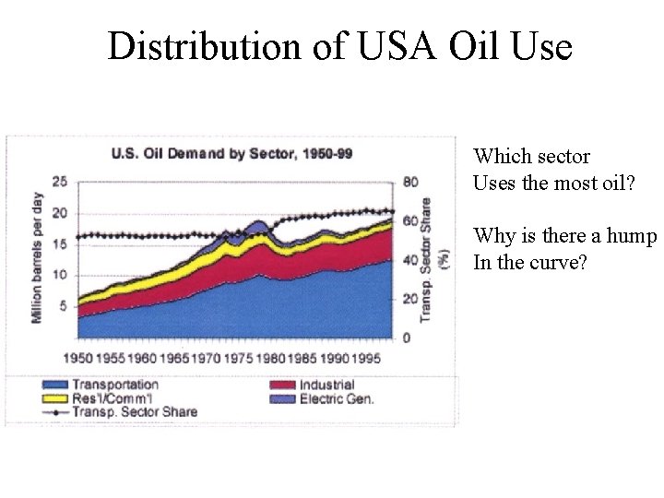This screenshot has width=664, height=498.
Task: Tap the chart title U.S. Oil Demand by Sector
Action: tap(231, 154)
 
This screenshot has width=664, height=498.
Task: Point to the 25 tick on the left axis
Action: tap(59, 182)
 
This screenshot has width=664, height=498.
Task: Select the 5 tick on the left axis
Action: tap(63, 306)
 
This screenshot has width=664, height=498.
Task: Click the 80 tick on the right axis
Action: tap(410, 182)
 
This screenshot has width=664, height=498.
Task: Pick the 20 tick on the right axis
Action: tap(410, 299)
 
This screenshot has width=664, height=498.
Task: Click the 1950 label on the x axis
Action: tap(78, 357)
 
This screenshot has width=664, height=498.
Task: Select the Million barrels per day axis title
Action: tap(37, 258)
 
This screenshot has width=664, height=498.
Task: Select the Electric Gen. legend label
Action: tap(337, 398)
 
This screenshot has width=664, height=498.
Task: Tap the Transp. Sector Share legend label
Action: tap(134, 412)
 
